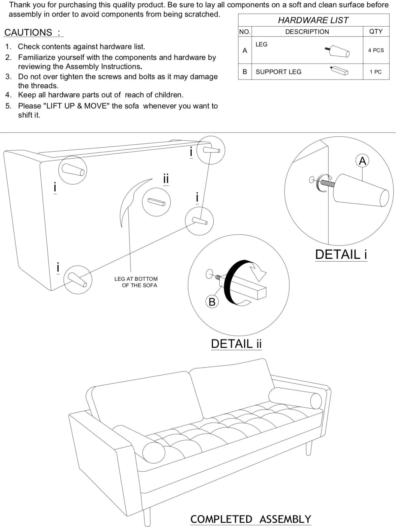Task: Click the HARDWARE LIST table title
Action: (313, 20)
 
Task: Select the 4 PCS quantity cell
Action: (376, 50)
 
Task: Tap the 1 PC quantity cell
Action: (375, 72)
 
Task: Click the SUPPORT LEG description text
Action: (278, 72)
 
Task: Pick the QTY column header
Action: (376, 31)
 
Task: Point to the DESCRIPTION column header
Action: (307, 32)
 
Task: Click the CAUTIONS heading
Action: (32, 32)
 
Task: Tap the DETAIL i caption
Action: (341, 255)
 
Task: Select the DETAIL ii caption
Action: (236, 344)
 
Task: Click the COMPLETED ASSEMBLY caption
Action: (251, 519)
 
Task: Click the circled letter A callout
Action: (362, 161)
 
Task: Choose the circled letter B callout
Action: (212, 302)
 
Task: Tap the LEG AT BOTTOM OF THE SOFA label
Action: (136, 282)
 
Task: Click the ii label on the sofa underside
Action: (166, 179)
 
